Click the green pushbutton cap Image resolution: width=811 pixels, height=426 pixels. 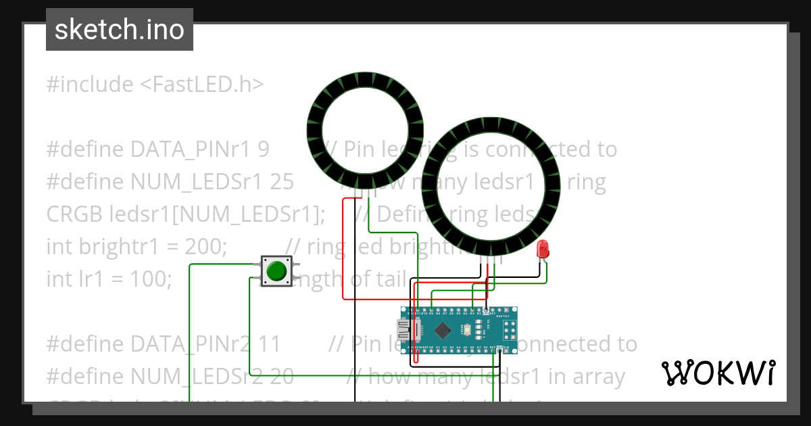(276, 271)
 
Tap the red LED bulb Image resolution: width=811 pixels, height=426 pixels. (542, 250)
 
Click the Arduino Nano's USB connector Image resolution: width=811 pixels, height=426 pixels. (408, 330)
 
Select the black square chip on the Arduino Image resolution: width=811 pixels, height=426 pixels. (443, 331)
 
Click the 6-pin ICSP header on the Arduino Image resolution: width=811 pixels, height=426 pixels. (508, 331)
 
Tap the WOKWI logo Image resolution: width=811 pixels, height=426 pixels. (718, 373)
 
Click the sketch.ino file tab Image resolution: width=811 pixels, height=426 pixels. (120, 30)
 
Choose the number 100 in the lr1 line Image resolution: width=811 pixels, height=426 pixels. (153, 279)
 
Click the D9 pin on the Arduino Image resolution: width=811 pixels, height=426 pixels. (431, 314)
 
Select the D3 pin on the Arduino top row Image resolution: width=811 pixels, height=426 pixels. (472, 314)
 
